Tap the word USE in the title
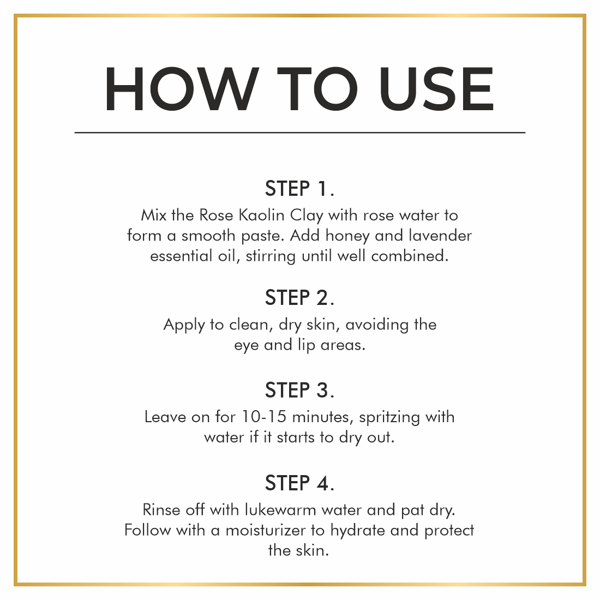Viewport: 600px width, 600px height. [x=436, y=89]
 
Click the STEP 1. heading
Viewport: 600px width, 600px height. [x=299, y=189]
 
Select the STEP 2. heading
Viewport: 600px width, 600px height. [x=299, y=298]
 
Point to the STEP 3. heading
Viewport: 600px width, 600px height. [x=299, y=391]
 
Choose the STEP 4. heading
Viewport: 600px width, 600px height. [x=299, y=483]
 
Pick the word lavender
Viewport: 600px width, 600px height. [x=440, y=235]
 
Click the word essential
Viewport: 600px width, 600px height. [x=181, y=256]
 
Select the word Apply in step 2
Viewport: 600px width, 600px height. [x=184, y=325]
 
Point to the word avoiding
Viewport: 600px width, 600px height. [x=377, y=325]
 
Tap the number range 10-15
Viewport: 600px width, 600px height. [x=264, y=417]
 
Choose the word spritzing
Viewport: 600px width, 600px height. [x=389, y=417]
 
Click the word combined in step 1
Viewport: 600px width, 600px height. [x=410, y=256]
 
